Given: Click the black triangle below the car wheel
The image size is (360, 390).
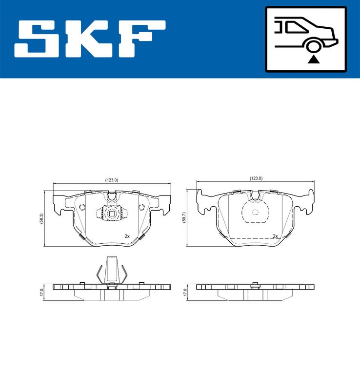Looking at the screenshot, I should (313, 59).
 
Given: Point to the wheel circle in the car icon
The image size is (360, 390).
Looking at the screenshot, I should (313, 46).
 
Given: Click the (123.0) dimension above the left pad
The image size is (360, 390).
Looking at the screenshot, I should (112, 180).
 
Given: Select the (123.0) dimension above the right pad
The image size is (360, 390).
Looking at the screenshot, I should (256, 178).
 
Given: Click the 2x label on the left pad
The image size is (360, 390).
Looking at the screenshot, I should (127, 236).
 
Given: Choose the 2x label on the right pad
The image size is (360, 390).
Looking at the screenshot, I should (275, 236).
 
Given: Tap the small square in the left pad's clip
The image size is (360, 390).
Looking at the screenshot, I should (112, 213).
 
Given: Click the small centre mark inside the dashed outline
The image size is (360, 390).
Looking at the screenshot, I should (255, 212).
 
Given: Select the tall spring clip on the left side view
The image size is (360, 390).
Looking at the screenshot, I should (112, 270).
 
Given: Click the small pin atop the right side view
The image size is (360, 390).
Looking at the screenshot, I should (255, 283).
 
